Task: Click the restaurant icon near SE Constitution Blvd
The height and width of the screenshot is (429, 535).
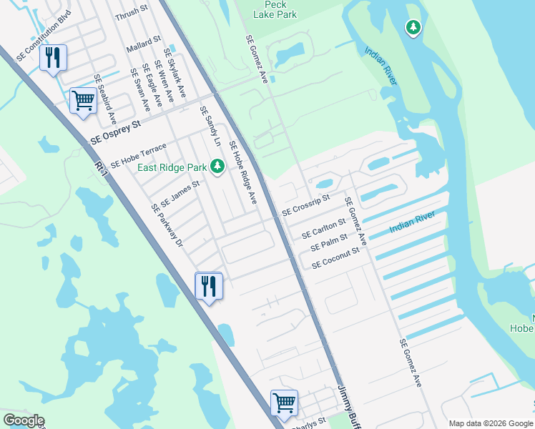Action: pos(53,57)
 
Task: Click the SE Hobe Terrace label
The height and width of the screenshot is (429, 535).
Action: pos(138,155)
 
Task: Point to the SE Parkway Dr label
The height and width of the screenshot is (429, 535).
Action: pos(167,225)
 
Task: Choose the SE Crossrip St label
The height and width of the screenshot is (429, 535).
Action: pos(305,205)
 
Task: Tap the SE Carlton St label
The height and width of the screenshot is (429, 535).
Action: pos(323,230)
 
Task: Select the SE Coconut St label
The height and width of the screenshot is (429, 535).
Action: pos(335,258)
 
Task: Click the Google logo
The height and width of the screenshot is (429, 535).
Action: pos(24,420)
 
